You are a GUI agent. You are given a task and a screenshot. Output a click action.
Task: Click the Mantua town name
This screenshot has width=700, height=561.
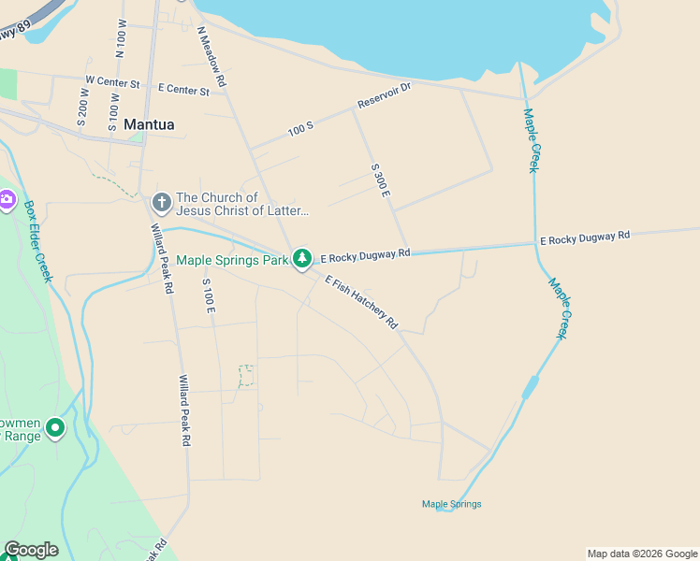click(x=149, y=123)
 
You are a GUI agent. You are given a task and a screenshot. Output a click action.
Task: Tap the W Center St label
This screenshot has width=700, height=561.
click(x=112, y=83)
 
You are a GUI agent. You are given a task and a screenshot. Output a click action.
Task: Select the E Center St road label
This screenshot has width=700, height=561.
click(x=183, y=90)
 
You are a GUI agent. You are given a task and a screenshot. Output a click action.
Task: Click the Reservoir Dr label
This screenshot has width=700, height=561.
click(x=384, y=95)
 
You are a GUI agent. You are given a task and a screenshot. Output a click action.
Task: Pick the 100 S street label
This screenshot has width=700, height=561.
click(x=300, y=129)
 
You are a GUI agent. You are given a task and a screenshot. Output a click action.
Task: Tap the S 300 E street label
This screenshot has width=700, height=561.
click(x=380, y=180)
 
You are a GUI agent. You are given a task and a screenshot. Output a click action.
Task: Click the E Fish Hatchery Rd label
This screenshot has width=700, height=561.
click(x=361, y=301)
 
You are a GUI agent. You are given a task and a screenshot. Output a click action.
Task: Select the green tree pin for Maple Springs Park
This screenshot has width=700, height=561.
click(x=301, y=258)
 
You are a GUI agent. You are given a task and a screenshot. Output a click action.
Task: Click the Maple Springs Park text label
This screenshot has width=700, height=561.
click(x=232, y=260)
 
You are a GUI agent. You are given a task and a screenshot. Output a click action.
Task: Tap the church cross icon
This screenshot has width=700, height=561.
click(x=161, y=201)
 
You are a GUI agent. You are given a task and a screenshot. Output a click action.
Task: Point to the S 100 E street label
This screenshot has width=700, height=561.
click(x=208, y=302)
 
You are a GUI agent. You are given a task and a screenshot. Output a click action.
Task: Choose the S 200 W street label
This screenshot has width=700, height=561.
click(x=82, y=108)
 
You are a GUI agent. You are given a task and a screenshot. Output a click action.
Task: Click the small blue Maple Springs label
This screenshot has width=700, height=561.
click(x=451, y=504)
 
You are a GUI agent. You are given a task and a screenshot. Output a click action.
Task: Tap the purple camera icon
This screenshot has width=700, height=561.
click(x=7, y=198)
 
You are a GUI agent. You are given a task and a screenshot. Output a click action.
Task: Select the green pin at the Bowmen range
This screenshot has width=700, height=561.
click(x=55, y=429)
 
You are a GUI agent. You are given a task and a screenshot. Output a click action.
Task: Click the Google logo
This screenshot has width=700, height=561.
click(x=31, y=550)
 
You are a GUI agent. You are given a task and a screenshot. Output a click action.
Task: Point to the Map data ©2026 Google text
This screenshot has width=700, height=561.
click(x=642, y=554)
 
